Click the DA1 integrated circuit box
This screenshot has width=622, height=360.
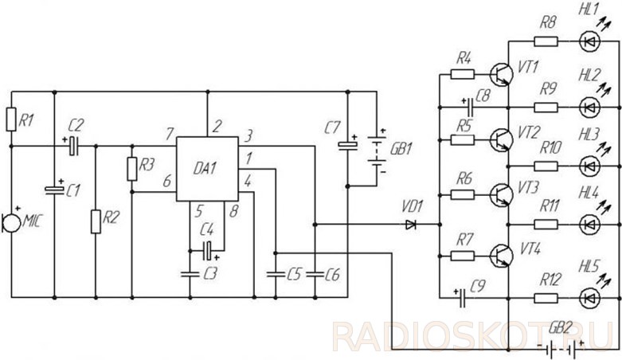click(207, 169)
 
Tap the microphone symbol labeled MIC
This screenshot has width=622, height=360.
click(10, 223)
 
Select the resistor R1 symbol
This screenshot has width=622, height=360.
click(11, 119)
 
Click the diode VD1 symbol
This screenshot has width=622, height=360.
click(411, 225)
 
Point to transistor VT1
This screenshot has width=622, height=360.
click(500, 74)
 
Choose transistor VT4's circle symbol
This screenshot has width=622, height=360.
click(500, 255)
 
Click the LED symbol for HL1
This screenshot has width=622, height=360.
click(589, 41)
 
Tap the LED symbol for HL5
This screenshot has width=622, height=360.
click(589, 298)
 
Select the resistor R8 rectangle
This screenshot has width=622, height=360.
click(546, 41)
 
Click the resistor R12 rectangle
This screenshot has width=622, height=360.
click(546, 298)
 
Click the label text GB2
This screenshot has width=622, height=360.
click(561, 329)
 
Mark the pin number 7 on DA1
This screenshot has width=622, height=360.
click(170, 134)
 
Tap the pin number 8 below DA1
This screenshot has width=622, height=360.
click(233, 211)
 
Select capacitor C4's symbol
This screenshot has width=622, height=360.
click(208, 250)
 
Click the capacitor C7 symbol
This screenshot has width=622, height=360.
click(347, 144)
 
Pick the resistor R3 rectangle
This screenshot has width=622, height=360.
click(132, 169)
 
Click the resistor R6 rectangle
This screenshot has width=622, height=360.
click(463, 194)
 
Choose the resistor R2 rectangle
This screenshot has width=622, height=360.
click(96, 221)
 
